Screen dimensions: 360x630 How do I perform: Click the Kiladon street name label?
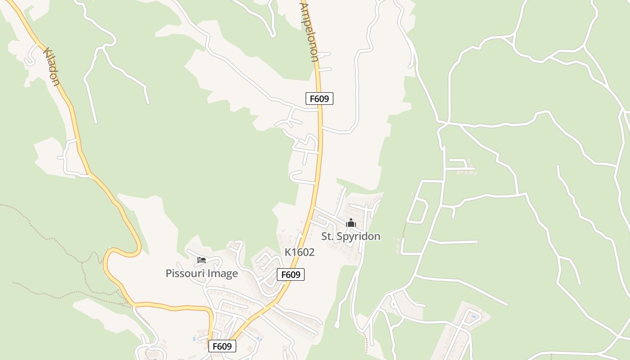tap(51, 67)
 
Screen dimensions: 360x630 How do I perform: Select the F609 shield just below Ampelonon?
tap(319, 99)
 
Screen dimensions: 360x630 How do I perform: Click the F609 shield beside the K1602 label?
tap(290, 274)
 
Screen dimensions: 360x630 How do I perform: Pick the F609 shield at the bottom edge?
tap(222, 346)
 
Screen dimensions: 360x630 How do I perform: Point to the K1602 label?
tap(299, 252)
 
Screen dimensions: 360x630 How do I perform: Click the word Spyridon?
tap(358, 237)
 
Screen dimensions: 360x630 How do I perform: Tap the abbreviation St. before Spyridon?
tap(328, 237)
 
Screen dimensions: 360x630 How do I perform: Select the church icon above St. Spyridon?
tap(351, 223)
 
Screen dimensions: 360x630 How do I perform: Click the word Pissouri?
tap(184, 274)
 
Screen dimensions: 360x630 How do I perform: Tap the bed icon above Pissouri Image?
tap(202, 260)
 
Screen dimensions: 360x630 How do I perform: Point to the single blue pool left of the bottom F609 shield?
tap(193, 338)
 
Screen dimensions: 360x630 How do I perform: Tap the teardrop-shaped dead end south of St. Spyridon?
tap(337, 323)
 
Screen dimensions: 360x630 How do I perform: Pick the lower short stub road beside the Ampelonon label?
tap(325, 69)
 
